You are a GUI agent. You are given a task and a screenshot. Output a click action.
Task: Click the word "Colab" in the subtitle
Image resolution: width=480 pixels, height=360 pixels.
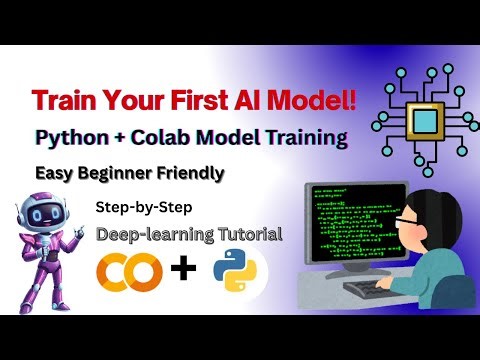click(200, 138)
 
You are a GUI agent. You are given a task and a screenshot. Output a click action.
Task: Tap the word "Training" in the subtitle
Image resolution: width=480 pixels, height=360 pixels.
click(300, 138)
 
